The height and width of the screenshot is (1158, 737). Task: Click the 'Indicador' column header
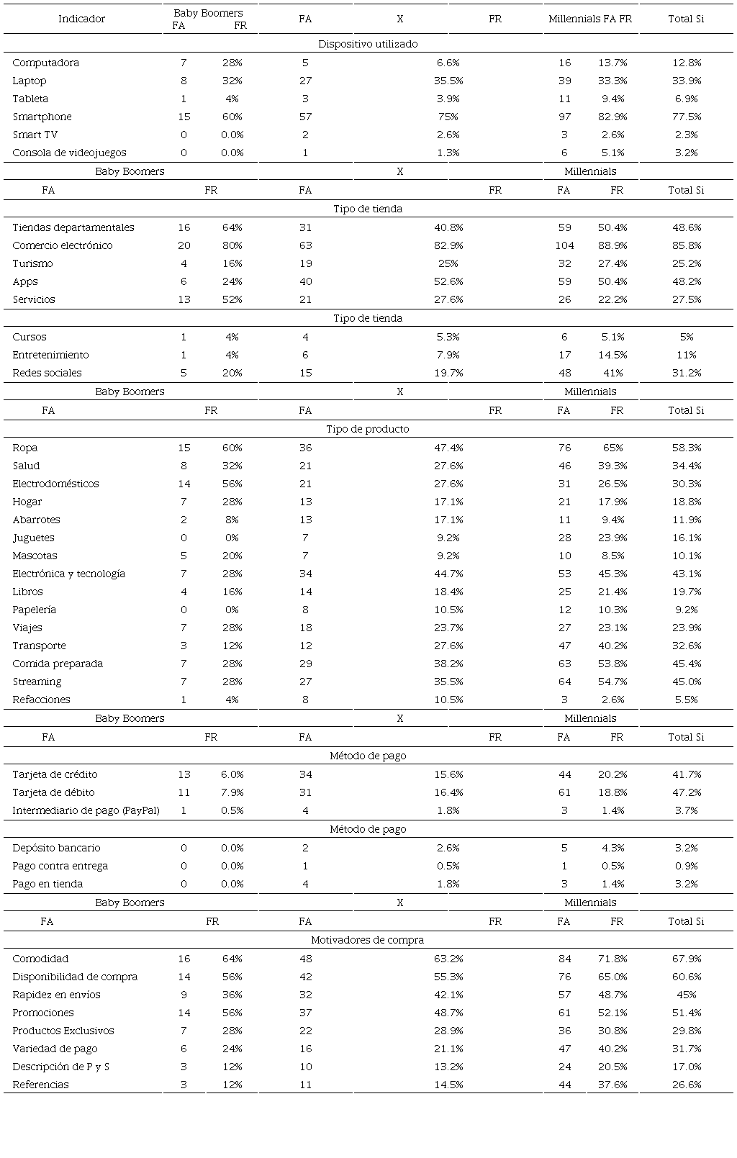click(x=81, y=19)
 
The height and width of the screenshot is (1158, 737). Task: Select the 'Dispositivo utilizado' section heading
click(x=368, y=44)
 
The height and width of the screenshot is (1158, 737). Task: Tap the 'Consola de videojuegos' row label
click(x=69, y=153)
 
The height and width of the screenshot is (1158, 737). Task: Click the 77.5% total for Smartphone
click(x=686, y=117)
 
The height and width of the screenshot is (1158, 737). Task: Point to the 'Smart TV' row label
click(x=35, y=135)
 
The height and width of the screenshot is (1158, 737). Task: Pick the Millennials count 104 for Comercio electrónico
click(x=564, y=245)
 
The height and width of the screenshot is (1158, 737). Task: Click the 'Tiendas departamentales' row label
click(x=73, y=227)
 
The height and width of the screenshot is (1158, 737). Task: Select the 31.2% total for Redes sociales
click(x=686, y=373)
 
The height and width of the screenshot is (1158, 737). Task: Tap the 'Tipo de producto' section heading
click(x=368, y=429)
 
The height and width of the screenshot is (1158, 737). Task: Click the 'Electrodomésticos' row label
click(x=55, y=484)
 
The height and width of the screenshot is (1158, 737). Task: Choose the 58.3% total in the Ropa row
click(x=686, y=448)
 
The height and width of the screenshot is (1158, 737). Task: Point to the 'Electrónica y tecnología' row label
click(x=68, y=574)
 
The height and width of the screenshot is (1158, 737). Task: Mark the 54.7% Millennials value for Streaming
click(x=612, y=682)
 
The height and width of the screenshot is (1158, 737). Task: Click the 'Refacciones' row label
click(x=41, y=700)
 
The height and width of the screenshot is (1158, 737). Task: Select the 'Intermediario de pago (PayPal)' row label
click(x=86, y=810)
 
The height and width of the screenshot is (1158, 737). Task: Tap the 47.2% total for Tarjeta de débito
click(x=686, y=792)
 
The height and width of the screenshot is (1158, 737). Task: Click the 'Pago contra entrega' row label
click(x=60, y=866)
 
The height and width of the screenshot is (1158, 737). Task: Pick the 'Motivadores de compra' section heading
click(x=368, y=940)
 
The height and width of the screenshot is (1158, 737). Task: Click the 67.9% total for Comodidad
click(x=686, y=959)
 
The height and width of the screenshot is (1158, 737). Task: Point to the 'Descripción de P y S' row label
click(x=60, y=1067)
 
